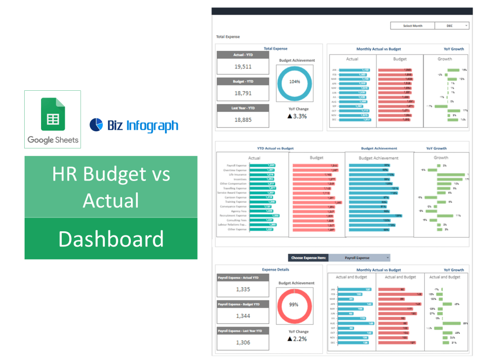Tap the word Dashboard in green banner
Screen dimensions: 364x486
coord(111,239)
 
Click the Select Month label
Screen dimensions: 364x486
coord(412,26)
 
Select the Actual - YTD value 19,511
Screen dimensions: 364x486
coord(243,67)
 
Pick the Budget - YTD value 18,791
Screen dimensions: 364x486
coord(243,93)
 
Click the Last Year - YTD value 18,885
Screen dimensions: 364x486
coord(243,119)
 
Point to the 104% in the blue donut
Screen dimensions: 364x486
coord(294,82)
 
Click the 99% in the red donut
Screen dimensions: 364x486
coord(294,304)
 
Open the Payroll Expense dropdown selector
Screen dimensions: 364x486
coord(360,257)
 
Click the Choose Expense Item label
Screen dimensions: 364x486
coord(308,257)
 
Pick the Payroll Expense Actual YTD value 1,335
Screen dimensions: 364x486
coord(243,290)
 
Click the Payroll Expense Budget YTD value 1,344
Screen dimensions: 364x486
coord(243,316)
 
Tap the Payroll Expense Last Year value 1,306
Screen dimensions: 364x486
coord(243,342)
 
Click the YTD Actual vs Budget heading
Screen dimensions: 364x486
coord(275,148)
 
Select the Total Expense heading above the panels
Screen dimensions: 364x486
coord(228,37)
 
